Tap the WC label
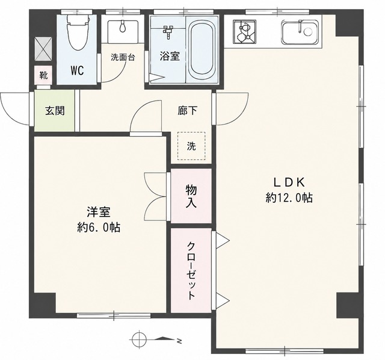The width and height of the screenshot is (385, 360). (x=78, y=71)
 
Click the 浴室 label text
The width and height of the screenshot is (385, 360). (x=170, y=56)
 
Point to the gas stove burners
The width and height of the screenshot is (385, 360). (x=245, y=31)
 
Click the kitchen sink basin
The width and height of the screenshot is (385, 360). (x=300, y=32)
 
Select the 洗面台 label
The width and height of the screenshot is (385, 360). (x=123, y=58)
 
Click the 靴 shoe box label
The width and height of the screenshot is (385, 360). (x=43, y=75)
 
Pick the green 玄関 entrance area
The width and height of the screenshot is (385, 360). (x=54, y=111)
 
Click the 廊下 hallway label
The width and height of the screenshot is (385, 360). (x=187, y=111)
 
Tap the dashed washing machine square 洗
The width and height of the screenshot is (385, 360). (x=191, y=146)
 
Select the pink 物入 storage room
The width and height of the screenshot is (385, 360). (x=191, y=196)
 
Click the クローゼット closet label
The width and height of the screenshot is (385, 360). (x=191, y=271)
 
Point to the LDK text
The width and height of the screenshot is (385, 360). (x=289, y=182)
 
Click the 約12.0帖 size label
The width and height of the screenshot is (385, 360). (x=289, y=197)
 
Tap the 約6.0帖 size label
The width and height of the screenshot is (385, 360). (x=99, y=228)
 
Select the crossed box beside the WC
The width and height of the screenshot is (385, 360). (x=43, y=49)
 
